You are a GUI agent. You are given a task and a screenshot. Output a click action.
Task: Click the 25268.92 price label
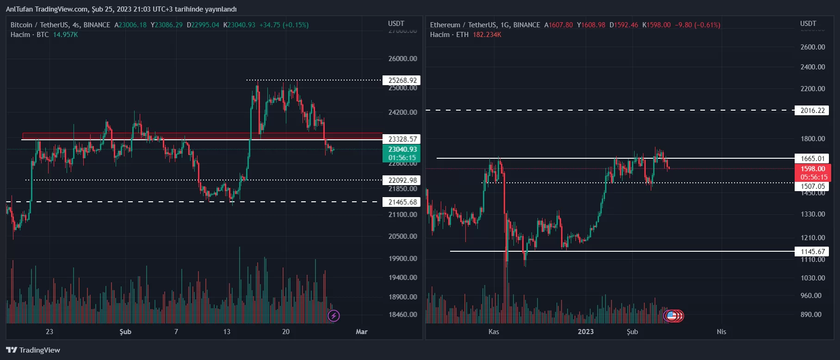(x=402, y=81)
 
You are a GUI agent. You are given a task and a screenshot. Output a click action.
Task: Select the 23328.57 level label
(x=402, y=139)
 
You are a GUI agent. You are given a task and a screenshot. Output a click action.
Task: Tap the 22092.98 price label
(x=402, y=180)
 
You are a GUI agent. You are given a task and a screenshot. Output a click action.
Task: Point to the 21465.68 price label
(x=402, y=202)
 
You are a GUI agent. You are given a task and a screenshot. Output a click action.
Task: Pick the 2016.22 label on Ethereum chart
(x=812, y=111)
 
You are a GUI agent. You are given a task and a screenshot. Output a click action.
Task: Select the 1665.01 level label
(x=812, y=158)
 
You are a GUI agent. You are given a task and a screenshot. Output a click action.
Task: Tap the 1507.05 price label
(x=812, y=186)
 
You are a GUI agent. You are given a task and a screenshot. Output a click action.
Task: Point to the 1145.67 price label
(x=812, y=252)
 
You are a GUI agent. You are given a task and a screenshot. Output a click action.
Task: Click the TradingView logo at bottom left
(x=33, y=350)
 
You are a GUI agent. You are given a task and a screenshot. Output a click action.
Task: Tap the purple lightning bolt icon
(x=334, y=316)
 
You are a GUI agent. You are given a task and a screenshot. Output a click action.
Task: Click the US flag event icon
(x=671, y=316)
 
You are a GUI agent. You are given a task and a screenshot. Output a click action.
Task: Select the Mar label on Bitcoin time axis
(x=361, y=332)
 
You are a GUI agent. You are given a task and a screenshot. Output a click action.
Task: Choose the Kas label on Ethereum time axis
(x=494, y=332)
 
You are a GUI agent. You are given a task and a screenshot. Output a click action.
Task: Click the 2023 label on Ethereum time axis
(x=586, y=332)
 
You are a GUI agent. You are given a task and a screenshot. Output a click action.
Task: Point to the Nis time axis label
(x=721, y=332)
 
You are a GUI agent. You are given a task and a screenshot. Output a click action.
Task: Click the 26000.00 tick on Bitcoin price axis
(x=402, y=59)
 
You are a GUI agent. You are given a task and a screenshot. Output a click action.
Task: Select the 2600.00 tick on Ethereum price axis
(x=812, y=47)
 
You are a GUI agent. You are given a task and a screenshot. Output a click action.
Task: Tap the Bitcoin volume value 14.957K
(x=65, y=35)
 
